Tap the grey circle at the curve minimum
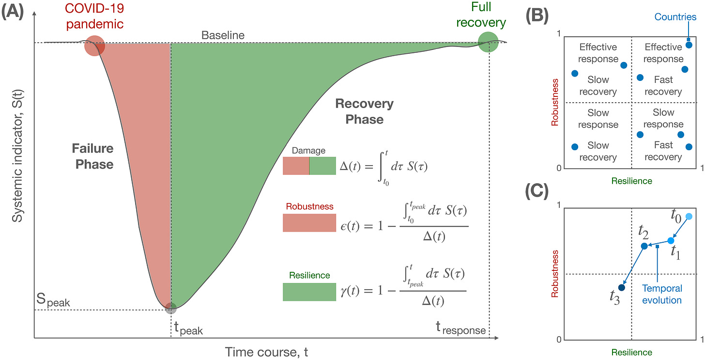(x=170, y=308)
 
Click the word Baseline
(x=223, y=35)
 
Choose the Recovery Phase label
(x=364, y=111)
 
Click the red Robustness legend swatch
(x=309, y=222)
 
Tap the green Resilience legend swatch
(x=309, y=292)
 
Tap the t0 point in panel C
(x=689, y=216)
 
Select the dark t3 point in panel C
(x=622, y=287)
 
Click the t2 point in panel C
(x=644, y=246)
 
